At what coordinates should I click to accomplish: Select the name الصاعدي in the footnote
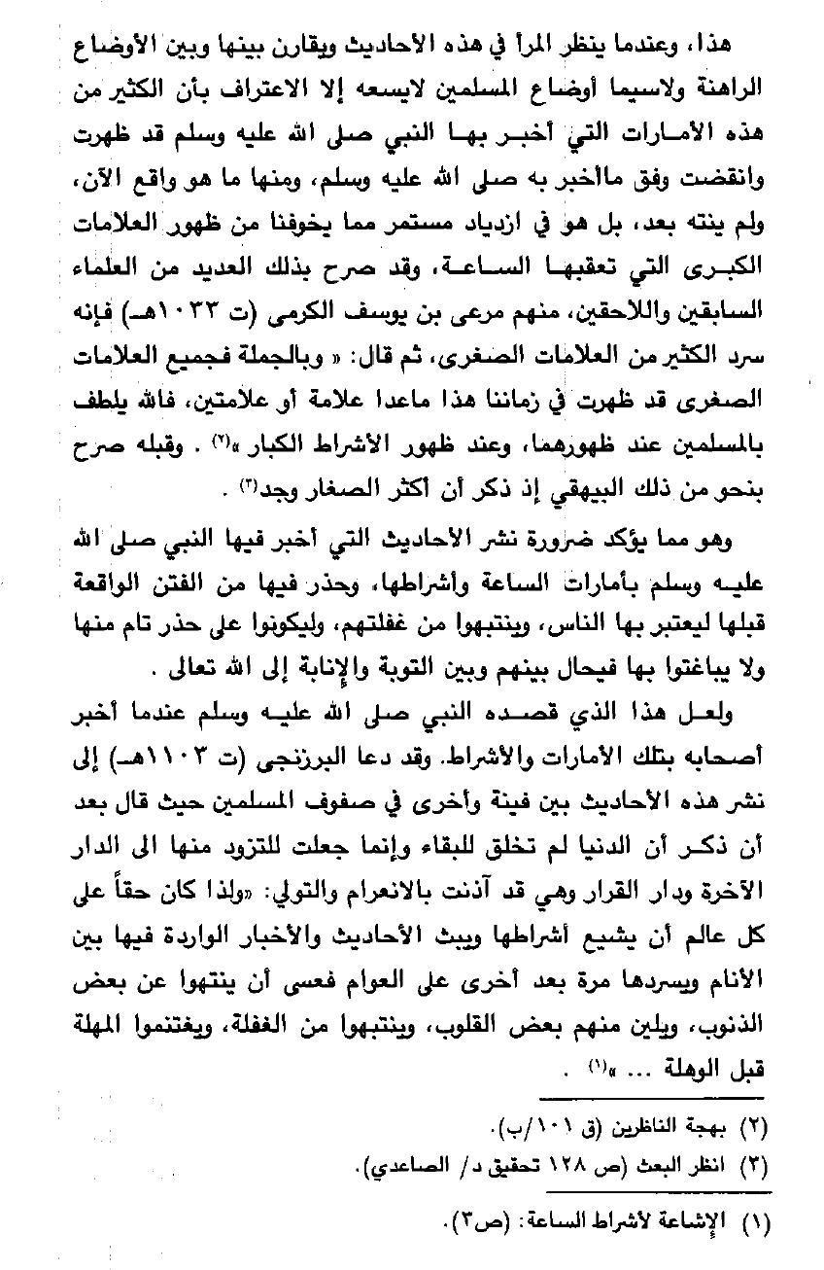pyautogui.click(x=376, y=1163)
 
